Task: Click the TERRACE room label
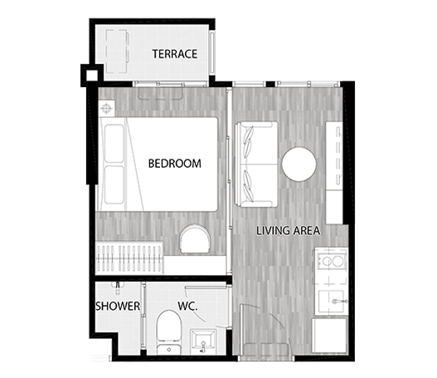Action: [x=175, y=54]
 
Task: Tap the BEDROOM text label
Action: [x=175, y=164]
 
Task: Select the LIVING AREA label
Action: [x=289, y=231]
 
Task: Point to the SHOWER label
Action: [x=118, y=306]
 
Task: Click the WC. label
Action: [x=188, y=306]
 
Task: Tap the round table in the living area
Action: [x=299, y=164]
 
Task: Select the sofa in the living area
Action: [x=256, y=164]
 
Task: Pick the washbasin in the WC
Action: [x=203, y=342]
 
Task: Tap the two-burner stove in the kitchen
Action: [x=331, y=261]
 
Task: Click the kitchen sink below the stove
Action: [x=332, y=302]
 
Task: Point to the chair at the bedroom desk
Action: [x=195, y=238]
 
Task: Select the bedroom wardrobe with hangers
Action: [x=129, y=258]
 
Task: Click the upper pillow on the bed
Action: [x=114, y=144]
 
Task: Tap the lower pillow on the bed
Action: [x=114, y=184]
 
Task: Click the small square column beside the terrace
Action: [x=92, y=76]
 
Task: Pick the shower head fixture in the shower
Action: [x=118, y=287]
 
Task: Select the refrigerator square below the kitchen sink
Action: [x=330, y=336]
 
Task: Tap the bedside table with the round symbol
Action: [x=106, y=108]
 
